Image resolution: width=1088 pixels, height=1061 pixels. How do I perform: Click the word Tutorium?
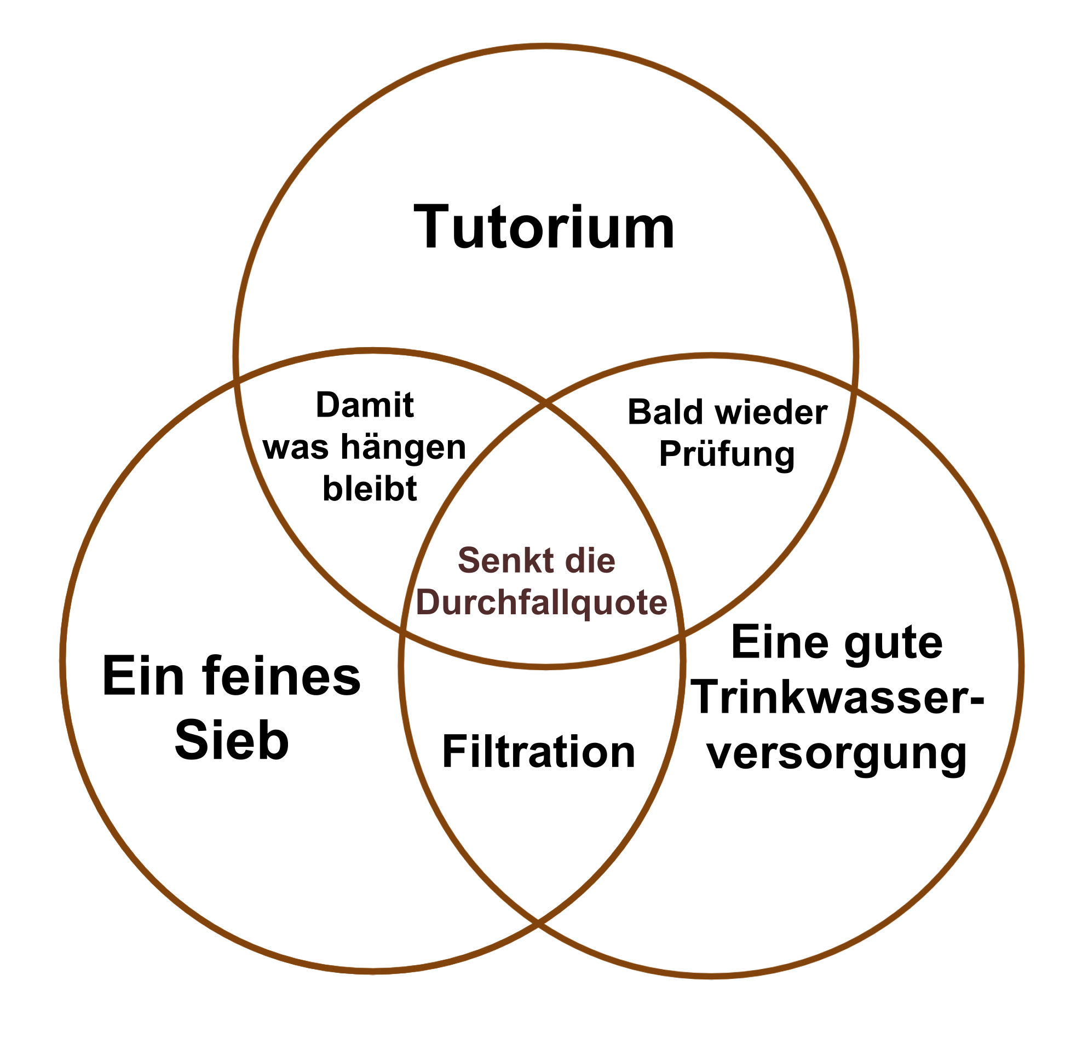tap(545, 227)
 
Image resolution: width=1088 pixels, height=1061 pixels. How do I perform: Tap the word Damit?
tap(365, 405)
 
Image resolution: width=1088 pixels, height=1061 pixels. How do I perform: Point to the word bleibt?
tap(370, 489)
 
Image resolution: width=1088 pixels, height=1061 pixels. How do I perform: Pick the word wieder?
tap(772, 412)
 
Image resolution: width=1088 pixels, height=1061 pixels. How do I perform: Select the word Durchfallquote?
tap(541, 603)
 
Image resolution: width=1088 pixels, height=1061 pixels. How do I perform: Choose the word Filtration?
tap(539, 752)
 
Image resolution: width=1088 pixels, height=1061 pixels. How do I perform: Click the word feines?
tap(281, 677)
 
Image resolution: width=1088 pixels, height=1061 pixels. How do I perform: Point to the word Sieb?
tap(232, 740)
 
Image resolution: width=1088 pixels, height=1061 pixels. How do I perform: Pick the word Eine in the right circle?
tap(780, 642)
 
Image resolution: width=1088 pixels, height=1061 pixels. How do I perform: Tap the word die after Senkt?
tap(590, 560)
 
